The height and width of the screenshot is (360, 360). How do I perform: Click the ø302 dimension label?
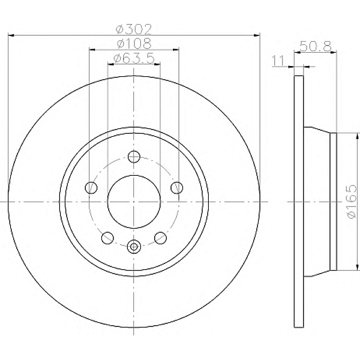pyautogui.click(x=134, y=29)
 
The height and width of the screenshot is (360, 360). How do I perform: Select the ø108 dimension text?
pyautogui.click(x=134, y=43)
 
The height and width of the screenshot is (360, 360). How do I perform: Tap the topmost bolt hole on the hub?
pyautogui.click(x=134, y=157)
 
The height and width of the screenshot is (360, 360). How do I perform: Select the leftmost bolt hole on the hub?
pyautogui.click(x=91, y=188)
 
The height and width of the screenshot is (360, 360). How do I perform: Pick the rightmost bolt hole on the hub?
pyautogui.click(x=176, y=188)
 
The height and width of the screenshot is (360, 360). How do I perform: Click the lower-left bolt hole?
pyautogui.click(x=108, y=238)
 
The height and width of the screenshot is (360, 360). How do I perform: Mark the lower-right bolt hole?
pyautogui.click(x=160, y=238)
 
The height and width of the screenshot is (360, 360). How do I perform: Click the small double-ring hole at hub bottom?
pyautogui.click(x=134, y=245)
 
